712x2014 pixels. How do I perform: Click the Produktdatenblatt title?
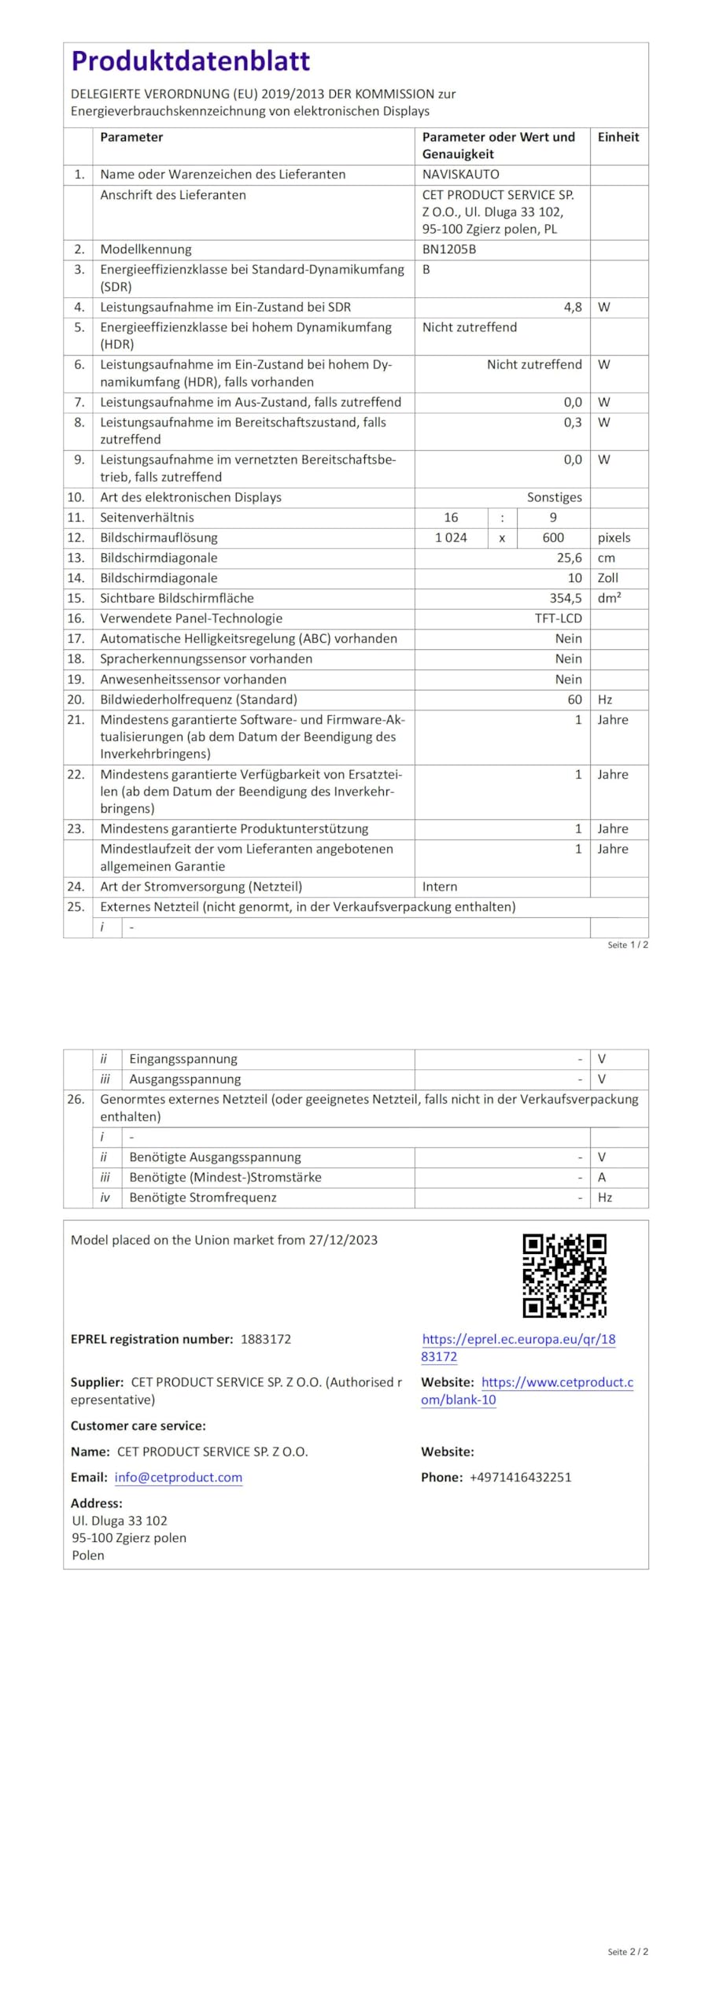190,61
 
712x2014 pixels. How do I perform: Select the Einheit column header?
618,137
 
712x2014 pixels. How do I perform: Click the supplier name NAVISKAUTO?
460,175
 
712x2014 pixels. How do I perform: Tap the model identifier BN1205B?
448,249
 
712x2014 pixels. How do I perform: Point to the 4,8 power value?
572,307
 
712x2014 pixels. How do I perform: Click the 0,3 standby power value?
572,422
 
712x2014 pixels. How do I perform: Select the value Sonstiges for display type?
554,497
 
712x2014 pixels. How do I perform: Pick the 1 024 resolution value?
451,537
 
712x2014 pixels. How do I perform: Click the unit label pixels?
614,537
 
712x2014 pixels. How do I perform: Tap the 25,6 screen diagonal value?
569,558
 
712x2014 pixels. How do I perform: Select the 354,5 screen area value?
566,598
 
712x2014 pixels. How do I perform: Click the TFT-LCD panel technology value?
558,618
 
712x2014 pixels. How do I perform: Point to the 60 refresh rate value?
574,699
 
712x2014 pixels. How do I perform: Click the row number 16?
76,618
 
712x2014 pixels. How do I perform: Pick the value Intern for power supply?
439,887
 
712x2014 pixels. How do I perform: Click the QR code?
564,1275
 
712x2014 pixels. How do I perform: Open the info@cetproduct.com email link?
178,1477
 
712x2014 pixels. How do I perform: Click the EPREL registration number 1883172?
266,1339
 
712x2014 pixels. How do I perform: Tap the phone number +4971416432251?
520,1477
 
